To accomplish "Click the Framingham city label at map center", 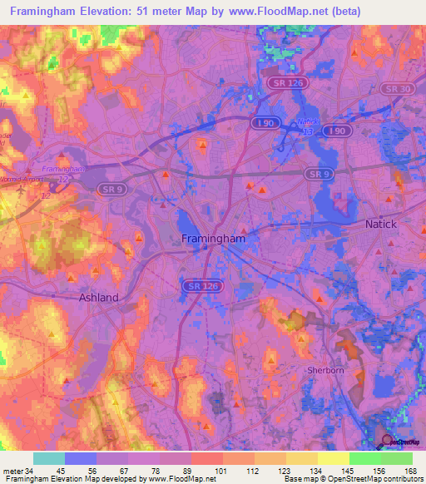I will (x=213, y=239).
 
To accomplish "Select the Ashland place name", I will (x=98, y=297).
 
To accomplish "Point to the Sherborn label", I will (x=324, y=370).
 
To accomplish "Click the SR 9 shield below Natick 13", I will (x=315, y=174).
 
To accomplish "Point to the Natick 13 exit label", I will (x=309, y=126).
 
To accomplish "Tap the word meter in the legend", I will (x=12, y=471).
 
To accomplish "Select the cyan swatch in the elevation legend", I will (x=49, y=458).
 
